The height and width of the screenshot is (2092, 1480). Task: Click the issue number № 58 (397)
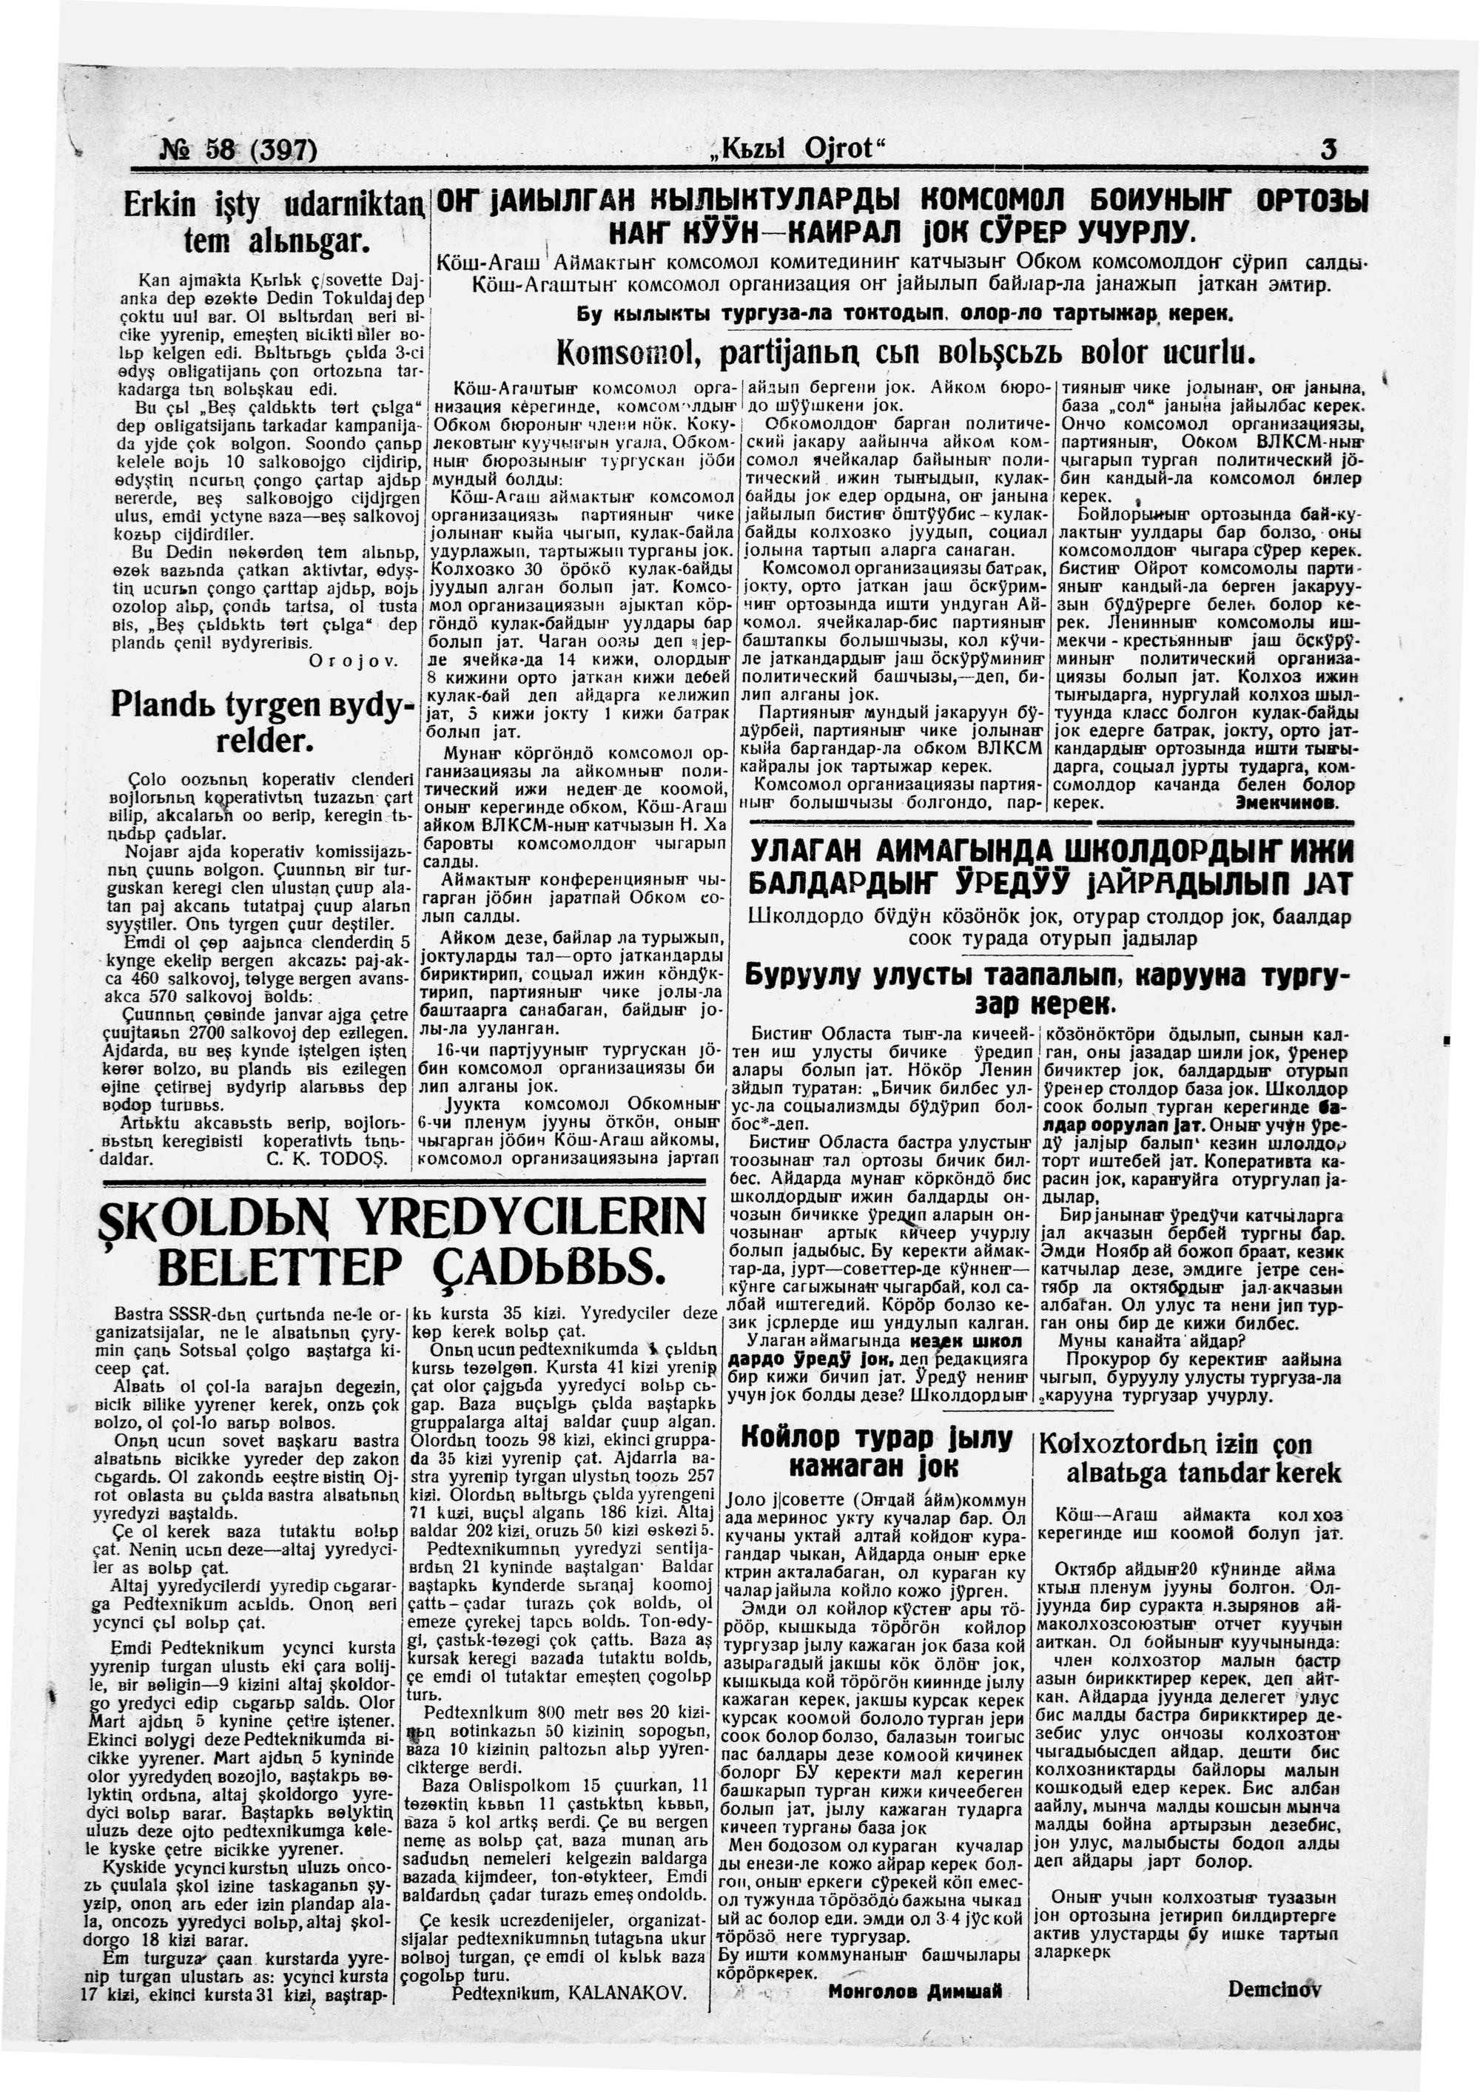tap(239, 147)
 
